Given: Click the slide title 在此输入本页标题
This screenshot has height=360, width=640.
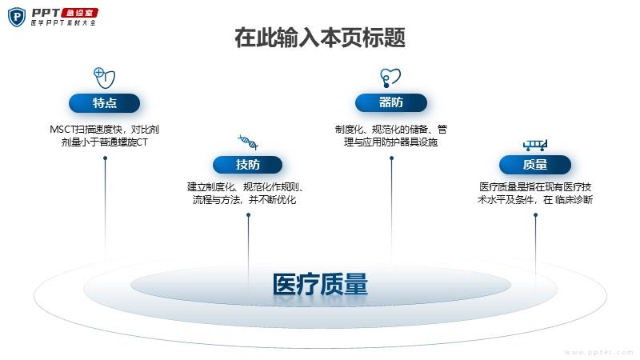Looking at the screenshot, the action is [320, 38].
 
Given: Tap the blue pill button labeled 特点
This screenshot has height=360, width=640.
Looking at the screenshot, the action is [105, 103].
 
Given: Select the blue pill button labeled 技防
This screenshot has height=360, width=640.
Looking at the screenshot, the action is [247, 165].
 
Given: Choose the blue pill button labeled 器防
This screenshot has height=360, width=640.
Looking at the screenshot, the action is [391, 102].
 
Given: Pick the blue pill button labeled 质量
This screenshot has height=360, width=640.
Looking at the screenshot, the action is [534, 165].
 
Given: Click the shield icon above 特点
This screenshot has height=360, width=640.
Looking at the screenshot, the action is [105, 78].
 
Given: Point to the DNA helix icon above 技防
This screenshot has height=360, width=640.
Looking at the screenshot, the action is [248, 142].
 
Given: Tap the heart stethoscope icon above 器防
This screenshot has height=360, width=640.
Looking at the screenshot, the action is [390, 78].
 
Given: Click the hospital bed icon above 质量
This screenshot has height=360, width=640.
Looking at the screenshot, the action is [534, 145].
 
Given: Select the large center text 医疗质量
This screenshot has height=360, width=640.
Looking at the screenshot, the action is [320, 284].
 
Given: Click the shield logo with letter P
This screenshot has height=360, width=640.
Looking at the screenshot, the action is [17, 17].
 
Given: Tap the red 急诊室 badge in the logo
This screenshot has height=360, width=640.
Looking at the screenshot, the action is [79, 13].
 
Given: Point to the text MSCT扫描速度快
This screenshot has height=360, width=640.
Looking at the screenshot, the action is [86, 130].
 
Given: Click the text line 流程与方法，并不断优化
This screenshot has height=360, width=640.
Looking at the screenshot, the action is [245, 199].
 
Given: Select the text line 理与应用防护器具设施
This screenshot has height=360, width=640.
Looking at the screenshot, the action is [390, 142].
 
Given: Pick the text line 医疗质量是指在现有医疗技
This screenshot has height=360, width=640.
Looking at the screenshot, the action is [535, 187].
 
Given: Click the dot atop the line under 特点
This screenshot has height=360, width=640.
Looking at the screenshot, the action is [105, 158].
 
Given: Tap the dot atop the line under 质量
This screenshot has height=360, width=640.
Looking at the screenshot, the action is [535, 214].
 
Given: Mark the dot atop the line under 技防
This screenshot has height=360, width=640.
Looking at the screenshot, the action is [248, 214].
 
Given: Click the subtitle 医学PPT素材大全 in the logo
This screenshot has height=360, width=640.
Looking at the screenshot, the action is [63, 23].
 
